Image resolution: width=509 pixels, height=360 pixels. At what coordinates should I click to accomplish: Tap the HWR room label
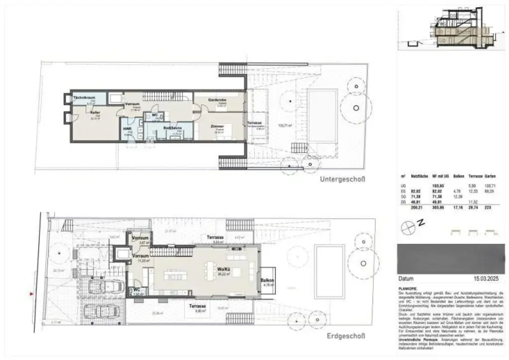(x=128, y=128)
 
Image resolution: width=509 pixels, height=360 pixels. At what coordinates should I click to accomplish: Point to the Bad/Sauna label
(x=172, y=128)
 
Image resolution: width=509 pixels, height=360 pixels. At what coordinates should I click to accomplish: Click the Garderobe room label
(x=217, y=100)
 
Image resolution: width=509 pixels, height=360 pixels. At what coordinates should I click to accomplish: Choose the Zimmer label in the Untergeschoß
(x=218, y=126)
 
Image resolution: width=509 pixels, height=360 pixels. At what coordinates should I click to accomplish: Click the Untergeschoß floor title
(x=343, y=180)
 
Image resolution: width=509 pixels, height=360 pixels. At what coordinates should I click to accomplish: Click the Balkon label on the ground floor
(x=267, y=281)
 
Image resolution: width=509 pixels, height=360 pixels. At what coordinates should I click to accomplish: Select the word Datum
(x=407, y=279)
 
